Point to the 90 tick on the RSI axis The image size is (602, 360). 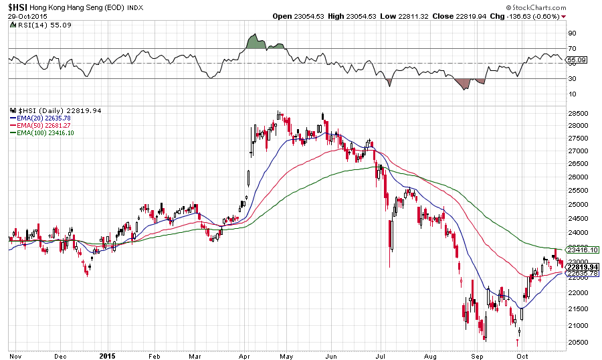[x=572, y=33]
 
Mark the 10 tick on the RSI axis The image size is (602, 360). [x=572, y=94]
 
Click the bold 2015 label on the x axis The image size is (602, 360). [x=106, y=355]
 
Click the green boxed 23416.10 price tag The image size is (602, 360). [x=582, y=250]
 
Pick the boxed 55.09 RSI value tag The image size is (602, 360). [x=575, y=60]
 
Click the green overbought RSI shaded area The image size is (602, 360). [x=254, y=41]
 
